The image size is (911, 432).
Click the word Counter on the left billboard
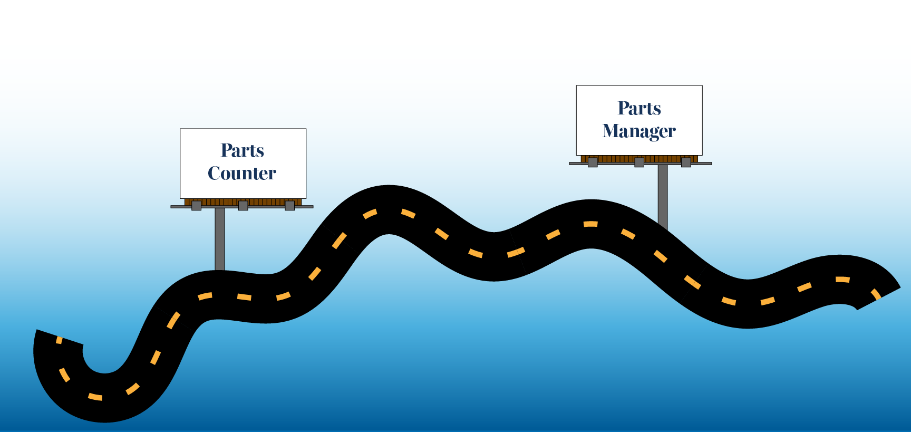[x=242, y=174]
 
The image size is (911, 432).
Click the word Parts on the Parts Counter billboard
[x=243, y=151]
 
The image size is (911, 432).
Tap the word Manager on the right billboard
[x=639, y=131]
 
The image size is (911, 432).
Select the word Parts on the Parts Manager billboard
[x=639, y=108]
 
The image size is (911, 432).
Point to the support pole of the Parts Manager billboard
[x=663, y=195]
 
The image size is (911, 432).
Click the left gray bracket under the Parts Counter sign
[x=196, y=206]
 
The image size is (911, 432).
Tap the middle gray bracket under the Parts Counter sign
[x=243, y=206]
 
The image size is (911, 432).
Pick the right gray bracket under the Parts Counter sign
[x=289, y=206]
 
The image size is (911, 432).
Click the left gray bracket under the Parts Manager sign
[x=593, y=162]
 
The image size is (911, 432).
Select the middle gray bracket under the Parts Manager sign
[x=639, y=162]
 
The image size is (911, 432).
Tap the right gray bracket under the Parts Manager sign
[x=686, y=162]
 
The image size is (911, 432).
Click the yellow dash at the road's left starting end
[x=59, y=340]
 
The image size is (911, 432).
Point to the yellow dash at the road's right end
[x=876, y=294]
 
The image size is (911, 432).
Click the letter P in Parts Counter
[x=227, y=151]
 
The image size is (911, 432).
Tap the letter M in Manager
[x=612, y=131]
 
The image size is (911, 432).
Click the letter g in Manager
[x=652, y=132]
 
